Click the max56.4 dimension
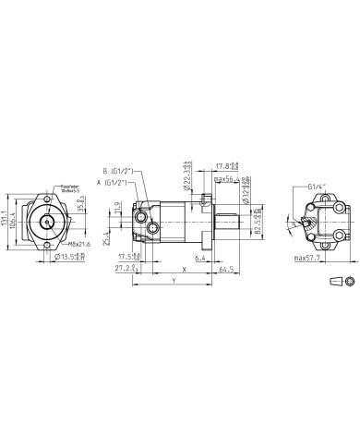point(226,178)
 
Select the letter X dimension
point(185,270)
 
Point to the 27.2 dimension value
point(126,269)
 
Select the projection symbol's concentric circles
point(348,281)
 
